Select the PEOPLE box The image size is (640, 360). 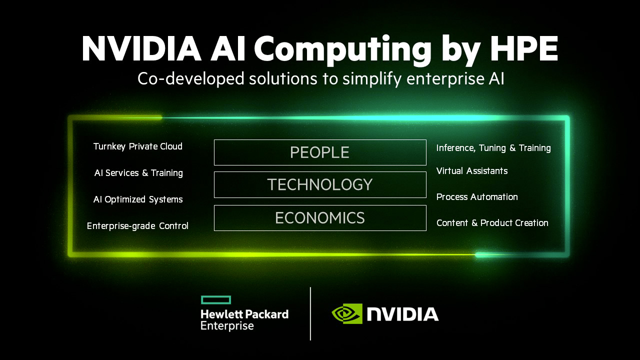(x=320, y=152)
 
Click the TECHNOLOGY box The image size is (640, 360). (x=320, y=184)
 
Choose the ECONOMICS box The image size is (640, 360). (x=320, y=218)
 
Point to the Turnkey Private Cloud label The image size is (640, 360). (x=138, y=146)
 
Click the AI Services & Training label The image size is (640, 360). (x=138, y=173)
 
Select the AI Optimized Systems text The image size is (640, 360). (x=138, y=199)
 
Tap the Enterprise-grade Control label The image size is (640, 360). (x=137, y=226)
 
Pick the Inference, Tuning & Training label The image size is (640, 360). (x=493, y=148)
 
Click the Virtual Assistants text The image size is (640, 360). (x=472, y=171)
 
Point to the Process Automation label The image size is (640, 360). (x=477, y=197)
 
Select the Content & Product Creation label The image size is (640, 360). (x=492, y=223)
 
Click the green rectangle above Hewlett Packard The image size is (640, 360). (x=215, y=300)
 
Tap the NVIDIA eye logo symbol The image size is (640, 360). (x=346, y=314)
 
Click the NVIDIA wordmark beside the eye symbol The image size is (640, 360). (x=403, y=314)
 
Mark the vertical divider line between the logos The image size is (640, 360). (x=310, y=313)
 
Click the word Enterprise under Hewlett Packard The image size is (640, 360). (x=227, y=326)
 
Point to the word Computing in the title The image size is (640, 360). (x=342, y=48)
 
